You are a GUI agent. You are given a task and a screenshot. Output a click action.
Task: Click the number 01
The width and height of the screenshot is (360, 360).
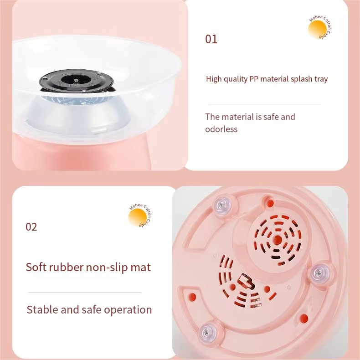click(x=211, y=39)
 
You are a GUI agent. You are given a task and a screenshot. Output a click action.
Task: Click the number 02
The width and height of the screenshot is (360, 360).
click(x=31, y=227)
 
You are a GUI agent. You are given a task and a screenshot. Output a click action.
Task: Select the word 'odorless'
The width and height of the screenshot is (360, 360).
click(x=221, y=129)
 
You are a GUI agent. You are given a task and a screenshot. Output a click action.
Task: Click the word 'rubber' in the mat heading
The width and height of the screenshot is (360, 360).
click(x=66, y=267)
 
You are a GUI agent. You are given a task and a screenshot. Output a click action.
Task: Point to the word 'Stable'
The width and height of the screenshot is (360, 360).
click(x=43, y=309)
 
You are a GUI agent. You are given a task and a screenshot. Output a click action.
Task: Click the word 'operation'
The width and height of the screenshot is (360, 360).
click(x=128, y=310)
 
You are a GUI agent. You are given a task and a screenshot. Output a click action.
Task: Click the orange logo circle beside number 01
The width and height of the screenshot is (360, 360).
click(x=317, y=29)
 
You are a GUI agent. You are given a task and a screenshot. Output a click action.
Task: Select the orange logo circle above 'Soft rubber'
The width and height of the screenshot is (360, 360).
click(x=137, y=217)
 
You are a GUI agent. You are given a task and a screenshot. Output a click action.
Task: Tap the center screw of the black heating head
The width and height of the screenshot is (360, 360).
click(x=76, y=80)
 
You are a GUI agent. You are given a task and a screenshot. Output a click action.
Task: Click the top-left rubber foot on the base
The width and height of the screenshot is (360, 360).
click(x=221, y=205)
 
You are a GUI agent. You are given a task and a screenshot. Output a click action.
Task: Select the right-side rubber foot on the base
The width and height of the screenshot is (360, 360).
click(x=319, y=273)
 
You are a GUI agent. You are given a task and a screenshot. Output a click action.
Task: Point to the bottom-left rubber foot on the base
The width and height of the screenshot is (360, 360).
click(x=207, y=332)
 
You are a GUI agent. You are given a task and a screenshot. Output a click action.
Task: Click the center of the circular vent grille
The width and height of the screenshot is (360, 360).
click(x=278, y=240)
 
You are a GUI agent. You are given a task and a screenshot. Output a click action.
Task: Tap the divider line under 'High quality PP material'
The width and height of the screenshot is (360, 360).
click(x=264, y=104)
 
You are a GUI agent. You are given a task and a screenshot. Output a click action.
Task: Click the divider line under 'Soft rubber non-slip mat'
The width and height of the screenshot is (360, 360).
click(x=85, y=292)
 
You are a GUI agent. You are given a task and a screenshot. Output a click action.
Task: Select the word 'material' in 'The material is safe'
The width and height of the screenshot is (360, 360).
click(x=238, y=117)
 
